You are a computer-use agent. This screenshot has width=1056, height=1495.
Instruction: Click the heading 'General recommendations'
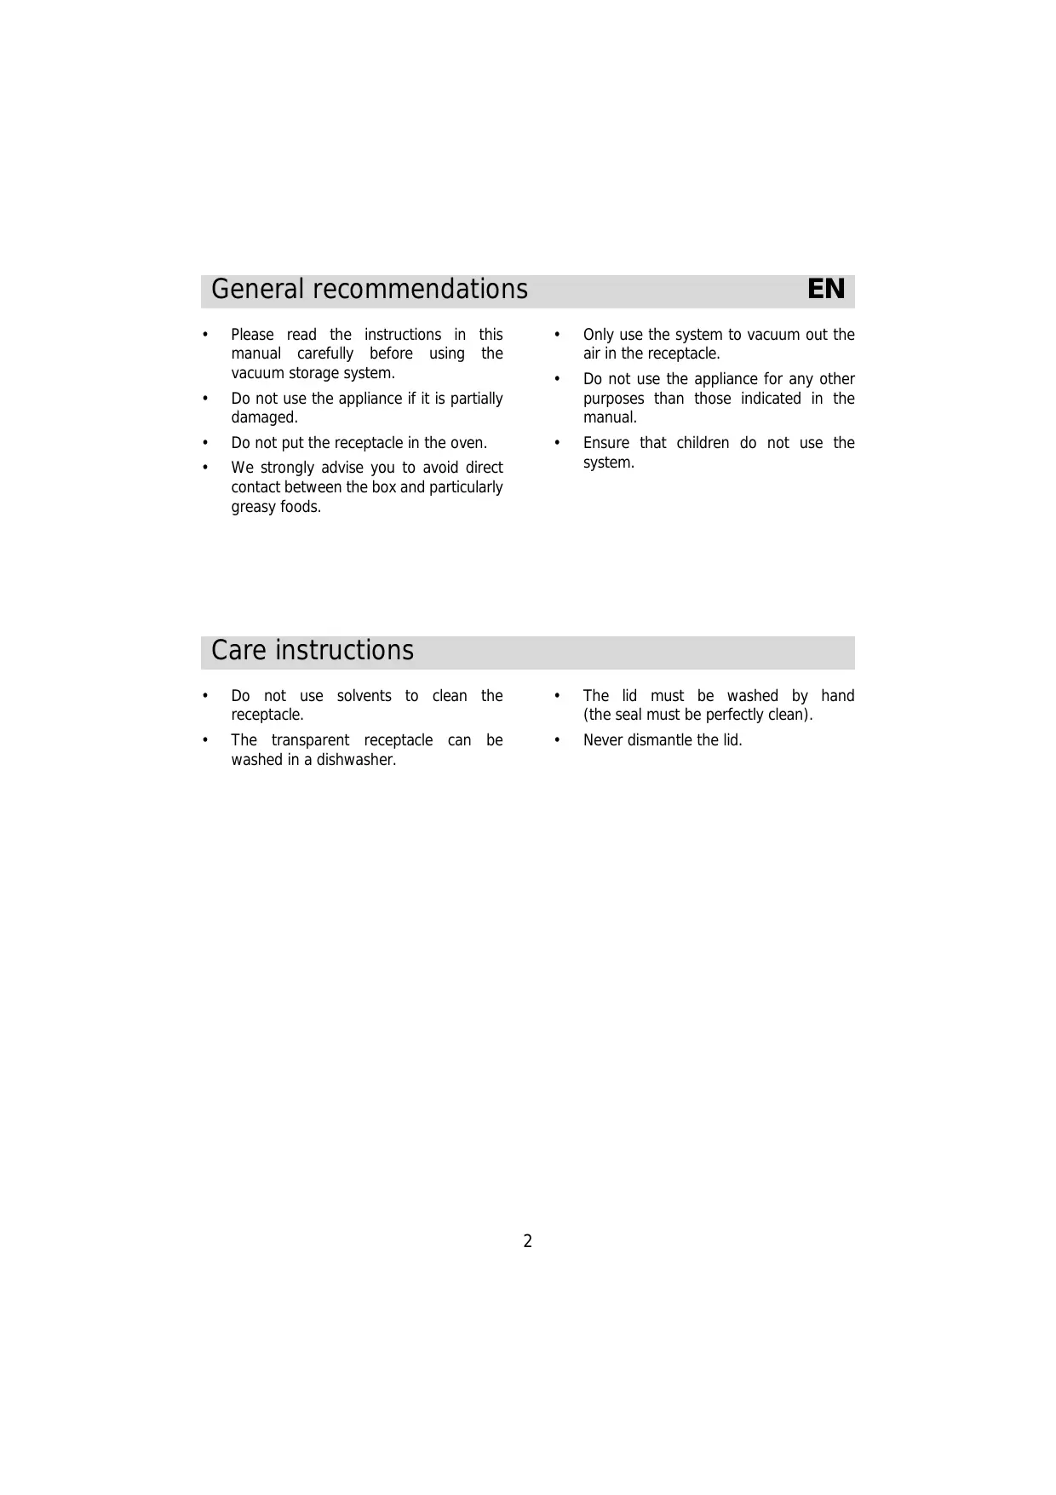[x=369, y=290]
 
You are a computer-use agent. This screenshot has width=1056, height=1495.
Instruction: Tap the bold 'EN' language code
[x=825, y=290]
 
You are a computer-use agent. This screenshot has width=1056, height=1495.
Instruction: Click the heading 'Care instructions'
[x=312, y=651]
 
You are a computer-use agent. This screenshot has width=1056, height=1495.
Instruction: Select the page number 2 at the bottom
[x=527, y=1241]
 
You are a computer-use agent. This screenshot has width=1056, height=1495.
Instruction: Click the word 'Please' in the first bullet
[x=252, y=335]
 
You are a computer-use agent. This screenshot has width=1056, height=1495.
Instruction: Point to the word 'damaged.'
[x=264, y=417]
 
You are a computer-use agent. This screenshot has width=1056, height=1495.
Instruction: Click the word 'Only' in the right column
[x=599, y=335]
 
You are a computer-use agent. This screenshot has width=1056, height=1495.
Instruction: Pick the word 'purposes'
[x=613, y=399]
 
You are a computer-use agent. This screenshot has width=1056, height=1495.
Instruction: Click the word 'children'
[x=703, y=443]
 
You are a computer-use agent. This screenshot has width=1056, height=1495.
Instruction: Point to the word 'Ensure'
[x=605, y=443]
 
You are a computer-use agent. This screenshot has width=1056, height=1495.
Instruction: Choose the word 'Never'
[x=603, y=740]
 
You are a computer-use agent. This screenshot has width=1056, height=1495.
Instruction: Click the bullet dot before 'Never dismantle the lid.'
[x=557, y=740]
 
